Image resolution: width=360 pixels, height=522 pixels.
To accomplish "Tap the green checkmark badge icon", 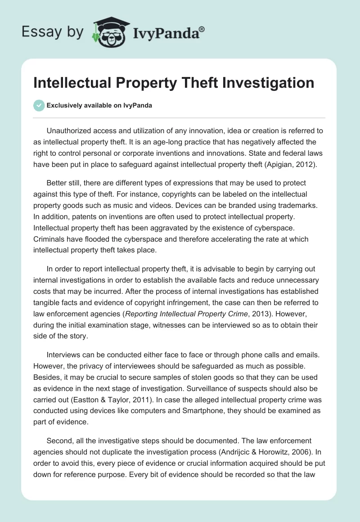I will pos(39,105).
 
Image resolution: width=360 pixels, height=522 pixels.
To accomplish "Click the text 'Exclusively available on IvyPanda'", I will pos(99,105).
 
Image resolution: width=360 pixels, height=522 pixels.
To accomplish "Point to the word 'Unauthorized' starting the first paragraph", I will pos(69,130).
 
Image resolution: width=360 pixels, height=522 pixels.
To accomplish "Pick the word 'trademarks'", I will pos(294,204).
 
